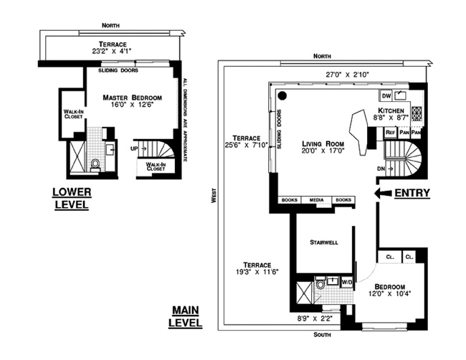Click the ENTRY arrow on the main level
pos(383,193)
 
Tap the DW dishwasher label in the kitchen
pos(386,96)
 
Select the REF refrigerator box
pos(390,133)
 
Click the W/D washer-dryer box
pos(347,282)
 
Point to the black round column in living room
pos(282,95)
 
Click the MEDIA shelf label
pos(316,200)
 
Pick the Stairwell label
pos(323,242)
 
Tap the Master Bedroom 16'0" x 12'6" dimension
pos(132,105)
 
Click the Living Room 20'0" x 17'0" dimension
pos(323,151)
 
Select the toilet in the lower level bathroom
pos(95,165)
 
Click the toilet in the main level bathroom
pos(320,283)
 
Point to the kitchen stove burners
pos(417,113)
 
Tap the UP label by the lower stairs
pos(134,148)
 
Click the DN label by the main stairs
pos(381,169)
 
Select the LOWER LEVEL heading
pos(72,198)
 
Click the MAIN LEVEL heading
pos(185,316)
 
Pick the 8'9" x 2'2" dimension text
pos(315,318)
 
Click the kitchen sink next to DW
pos(400,95)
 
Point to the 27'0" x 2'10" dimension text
pos(347,75)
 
